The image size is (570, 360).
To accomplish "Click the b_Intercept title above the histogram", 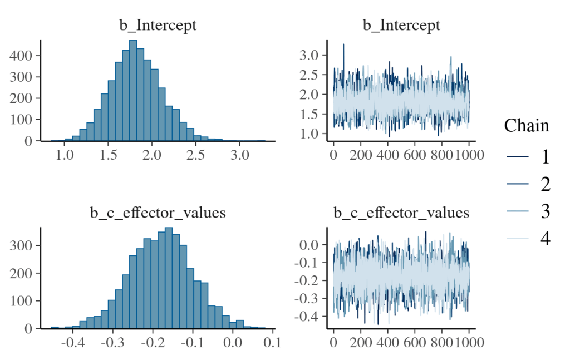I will click(158, 26).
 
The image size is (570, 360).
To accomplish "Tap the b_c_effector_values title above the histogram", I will click(158, 213).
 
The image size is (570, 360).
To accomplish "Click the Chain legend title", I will click(527, 126).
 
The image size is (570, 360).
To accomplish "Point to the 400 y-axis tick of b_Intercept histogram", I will click(23, 56).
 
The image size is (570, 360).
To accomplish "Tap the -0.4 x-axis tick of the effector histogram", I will click(72, 341).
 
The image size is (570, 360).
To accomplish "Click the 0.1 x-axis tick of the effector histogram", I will click(271, 341).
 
